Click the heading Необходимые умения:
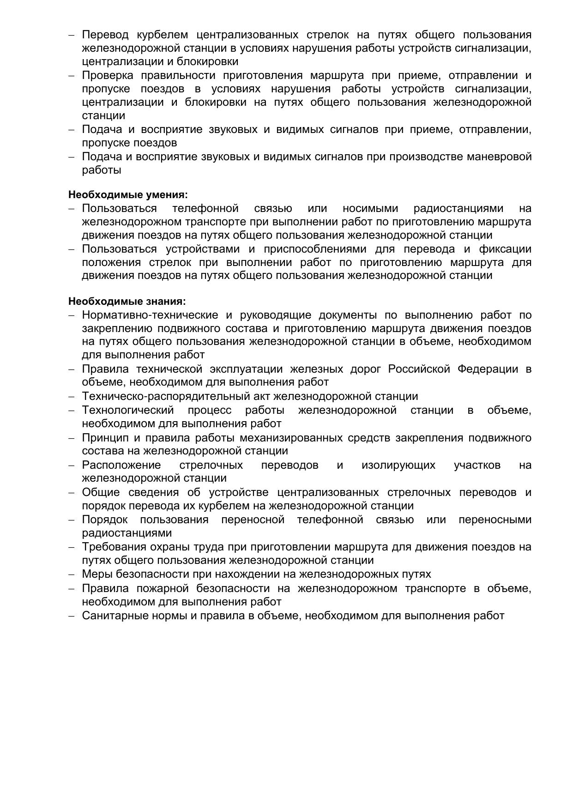128,195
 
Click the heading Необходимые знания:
127,302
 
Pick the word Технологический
128,410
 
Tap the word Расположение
121,465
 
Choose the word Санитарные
115,616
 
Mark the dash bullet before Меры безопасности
72,574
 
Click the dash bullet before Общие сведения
72,493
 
